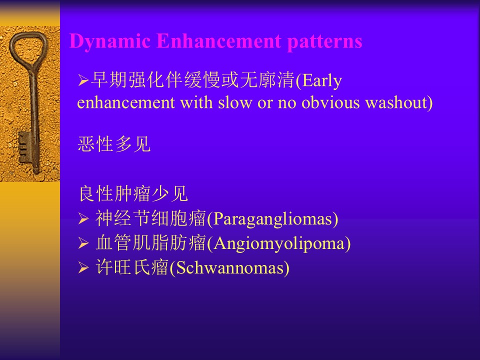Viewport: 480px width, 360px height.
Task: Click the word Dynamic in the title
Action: point(110,41)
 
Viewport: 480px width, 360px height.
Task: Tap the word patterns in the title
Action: point(325,42)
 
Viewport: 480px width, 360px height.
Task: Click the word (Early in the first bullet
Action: point(318,80)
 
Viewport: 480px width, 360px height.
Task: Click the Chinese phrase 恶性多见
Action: point(114,144)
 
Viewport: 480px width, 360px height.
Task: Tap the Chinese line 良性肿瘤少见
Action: point(133,193)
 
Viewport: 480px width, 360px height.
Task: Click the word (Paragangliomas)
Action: point(272,219)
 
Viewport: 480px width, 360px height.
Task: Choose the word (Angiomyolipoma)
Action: point(278,243)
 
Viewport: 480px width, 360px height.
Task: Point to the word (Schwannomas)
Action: point(229,268)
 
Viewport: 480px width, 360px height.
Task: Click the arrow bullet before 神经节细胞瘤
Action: point(83,219)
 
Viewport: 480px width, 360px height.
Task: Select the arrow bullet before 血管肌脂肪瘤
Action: point(83,243)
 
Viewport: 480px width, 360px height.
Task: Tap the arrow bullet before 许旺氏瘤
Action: point(83,268)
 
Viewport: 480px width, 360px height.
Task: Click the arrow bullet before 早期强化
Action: point(83,81)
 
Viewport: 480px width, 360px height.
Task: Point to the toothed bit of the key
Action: point(24,147)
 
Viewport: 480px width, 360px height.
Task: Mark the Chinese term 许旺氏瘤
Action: point(132,267)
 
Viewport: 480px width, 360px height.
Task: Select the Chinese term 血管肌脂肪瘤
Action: point(151,243)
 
